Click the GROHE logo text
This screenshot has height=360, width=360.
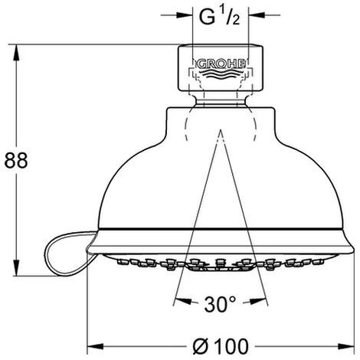[221, 64]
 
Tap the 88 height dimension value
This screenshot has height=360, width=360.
[16, 161]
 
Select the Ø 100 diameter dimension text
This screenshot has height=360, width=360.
[221, 346]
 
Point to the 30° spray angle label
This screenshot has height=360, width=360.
[220, 305]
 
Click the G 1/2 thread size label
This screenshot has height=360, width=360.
[220, 18]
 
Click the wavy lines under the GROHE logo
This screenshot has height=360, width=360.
[221, 74]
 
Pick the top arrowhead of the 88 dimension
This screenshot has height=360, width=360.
[16, 53]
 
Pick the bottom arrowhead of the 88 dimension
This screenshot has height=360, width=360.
[16, 268]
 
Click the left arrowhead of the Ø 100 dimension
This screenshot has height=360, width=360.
[95, 346]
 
